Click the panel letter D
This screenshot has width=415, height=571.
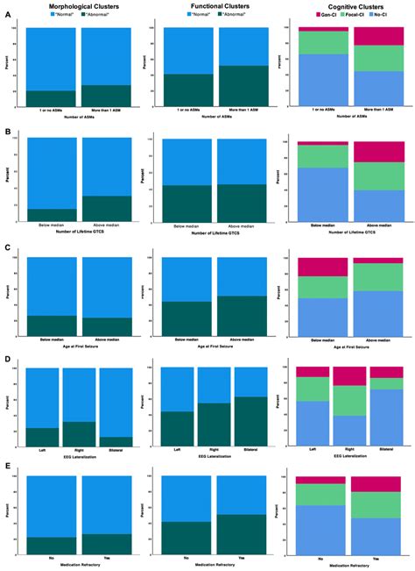(7, 360)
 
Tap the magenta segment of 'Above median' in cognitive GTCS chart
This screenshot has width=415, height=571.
(379, 151)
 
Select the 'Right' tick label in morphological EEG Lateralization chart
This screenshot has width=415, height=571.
(79, 447)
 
